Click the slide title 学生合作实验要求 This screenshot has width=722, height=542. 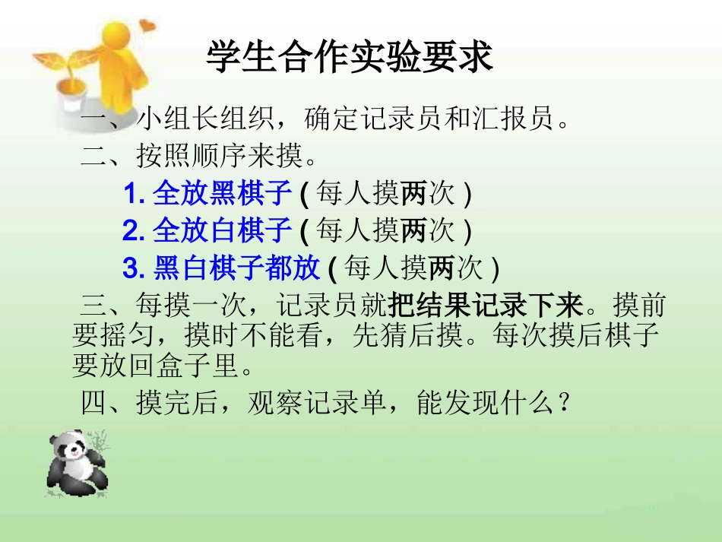tap(350, 58)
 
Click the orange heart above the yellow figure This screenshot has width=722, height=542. tap(147, 27)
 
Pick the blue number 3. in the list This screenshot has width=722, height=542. tap(135, 268)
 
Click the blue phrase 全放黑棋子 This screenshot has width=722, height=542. tap(222, 194)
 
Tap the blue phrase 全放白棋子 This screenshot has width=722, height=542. tap(222, 229)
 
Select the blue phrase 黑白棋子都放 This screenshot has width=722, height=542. tap(236, 268)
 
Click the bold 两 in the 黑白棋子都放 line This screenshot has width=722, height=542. tap(442, 268)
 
